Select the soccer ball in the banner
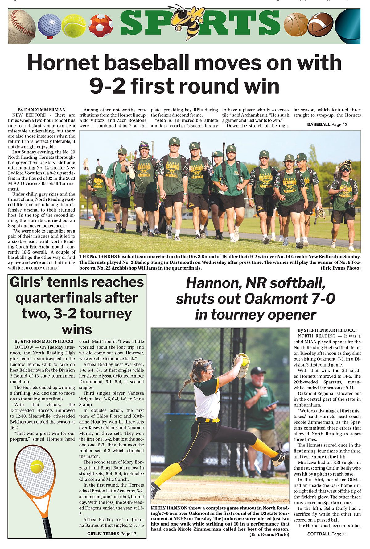[101, 25]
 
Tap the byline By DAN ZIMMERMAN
[41, 110]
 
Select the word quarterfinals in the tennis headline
[76, 298]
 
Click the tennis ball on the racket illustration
[37, 467]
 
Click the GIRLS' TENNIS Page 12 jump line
[111, 534]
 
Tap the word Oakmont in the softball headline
[275, 299]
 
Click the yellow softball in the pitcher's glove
[245, 361]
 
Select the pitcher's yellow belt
[208, 420]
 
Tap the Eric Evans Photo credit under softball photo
[269, 534]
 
